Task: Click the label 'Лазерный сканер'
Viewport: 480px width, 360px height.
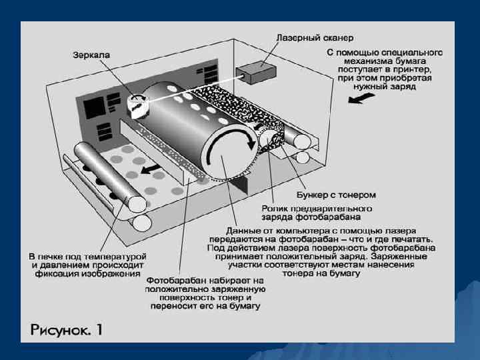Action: point(313,38)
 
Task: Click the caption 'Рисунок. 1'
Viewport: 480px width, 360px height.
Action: point(66,329)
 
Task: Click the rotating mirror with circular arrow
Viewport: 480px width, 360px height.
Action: point(137,103)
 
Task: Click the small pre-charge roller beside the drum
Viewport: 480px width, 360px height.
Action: point(271,141)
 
